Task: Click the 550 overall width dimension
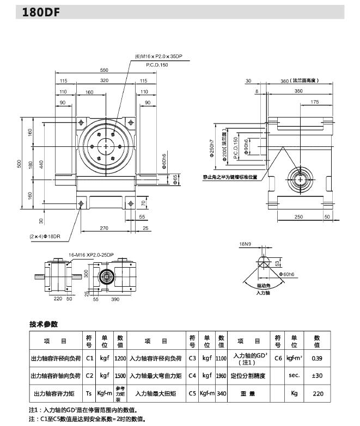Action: tap(104, 70)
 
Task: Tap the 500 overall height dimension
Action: tap(21, 164)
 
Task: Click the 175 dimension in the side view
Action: tap(314, 102)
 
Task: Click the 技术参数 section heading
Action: tap(44, 325)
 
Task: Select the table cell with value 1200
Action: tap(120, 359)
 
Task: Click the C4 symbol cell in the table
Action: tap(192, 375)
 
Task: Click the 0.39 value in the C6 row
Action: tap(317, 359)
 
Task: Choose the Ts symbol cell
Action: tap(89, 393)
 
